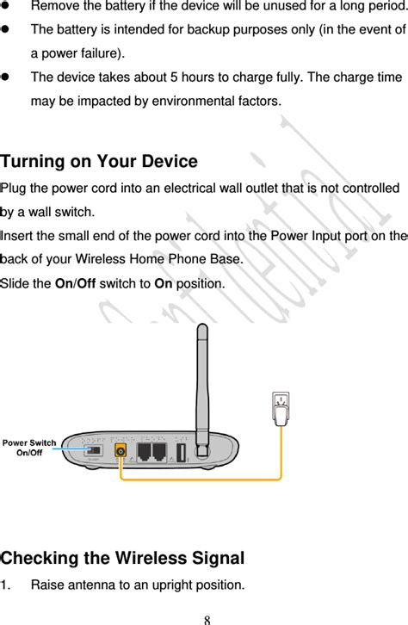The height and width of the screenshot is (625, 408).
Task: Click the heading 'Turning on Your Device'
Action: (x=99, y=162)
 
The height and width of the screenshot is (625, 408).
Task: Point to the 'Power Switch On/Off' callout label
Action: (x=29, y=448)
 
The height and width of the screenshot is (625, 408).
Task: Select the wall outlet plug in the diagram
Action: (x=280, y=410)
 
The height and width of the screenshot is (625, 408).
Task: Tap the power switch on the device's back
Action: (x=94, y=450)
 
